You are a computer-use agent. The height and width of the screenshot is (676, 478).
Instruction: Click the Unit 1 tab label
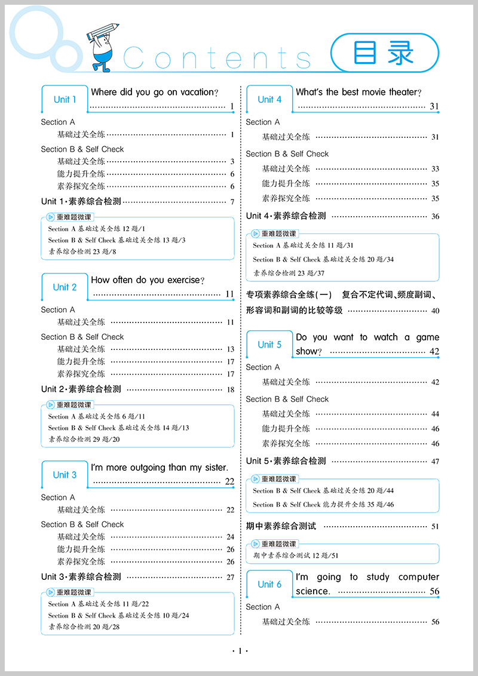[x=65, y=100]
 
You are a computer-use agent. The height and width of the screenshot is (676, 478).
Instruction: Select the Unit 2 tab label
[x=65, y=287]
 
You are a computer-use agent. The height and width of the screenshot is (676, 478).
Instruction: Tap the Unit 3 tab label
[x=65, y=475]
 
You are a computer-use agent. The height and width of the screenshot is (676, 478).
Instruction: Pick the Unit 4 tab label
[x=269, y=100]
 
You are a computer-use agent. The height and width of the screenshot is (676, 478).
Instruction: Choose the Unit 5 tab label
[x=269, y=345]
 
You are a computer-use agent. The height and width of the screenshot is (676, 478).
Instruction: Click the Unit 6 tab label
[x=269, y=584]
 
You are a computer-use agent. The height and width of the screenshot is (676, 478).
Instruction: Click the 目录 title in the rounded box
[x=384, y=53]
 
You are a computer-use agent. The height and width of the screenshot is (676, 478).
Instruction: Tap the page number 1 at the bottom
[x=239, y=651]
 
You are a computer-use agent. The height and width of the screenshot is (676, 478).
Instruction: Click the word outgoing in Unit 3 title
[x=146, y=468]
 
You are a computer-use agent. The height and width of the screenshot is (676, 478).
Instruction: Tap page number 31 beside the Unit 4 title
[x=434, y=107]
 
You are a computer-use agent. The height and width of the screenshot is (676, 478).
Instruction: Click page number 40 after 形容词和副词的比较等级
[x=434, y=311]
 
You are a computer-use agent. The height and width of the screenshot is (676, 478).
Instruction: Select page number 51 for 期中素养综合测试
[x=434, y=527]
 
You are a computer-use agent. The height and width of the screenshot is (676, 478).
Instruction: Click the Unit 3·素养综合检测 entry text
[x=81, y=577]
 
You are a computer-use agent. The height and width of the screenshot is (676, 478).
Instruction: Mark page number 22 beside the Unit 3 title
[x=229, y=482]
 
